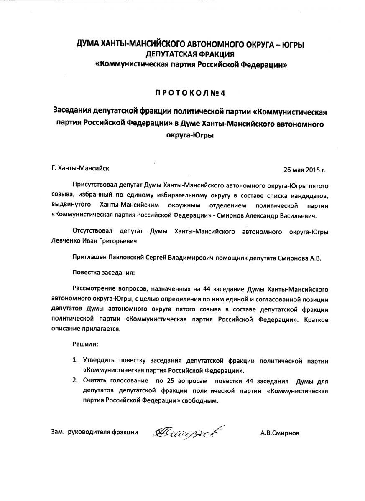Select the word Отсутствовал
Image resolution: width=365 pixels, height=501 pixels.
pyautogui.click(x=92, y=231)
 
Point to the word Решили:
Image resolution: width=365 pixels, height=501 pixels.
pyautogui.click(x=85, y=345)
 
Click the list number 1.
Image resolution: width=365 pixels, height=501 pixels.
pyautogui.click(x=75, y=360)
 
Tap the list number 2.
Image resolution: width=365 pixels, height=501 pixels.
pyautogui.click(x=75, y=381)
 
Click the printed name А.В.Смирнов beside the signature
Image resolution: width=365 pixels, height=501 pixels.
pyautogui.click(x=280, y=433)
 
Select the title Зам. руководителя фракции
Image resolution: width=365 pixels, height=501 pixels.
pyautogui.click(x=94, y=433)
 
